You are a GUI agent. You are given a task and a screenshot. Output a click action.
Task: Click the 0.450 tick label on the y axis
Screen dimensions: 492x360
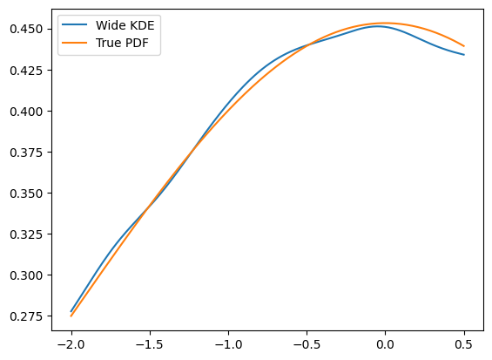(26, 30)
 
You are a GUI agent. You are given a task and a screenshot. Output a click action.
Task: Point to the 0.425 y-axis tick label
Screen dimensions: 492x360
(26, 71)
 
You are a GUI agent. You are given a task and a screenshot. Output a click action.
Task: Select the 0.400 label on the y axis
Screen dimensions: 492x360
(26, 112)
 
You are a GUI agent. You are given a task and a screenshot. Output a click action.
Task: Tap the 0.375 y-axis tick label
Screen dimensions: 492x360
(26, 153)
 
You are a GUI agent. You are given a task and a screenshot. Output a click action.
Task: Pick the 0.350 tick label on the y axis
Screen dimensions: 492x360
(26, 194)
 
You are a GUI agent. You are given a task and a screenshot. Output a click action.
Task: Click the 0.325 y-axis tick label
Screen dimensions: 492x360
(26, 234)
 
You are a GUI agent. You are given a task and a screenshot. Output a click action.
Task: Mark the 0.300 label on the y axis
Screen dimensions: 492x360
(26, 275)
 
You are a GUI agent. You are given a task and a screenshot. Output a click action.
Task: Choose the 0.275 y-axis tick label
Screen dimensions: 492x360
(26, 316)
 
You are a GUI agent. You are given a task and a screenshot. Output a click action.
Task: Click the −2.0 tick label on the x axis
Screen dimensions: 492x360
(71, 344)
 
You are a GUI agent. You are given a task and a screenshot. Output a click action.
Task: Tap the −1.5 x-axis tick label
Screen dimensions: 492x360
(150, 344)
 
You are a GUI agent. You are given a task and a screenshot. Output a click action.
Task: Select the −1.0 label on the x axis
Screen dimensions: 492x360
(228, 344)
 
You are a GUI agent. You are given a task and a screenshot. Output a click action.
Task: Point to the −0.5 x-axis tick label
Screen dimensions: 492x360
(307, 344)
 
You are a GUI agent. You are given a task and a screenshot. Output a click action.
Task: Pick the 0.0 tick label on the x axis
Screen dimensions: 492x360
(385, 344)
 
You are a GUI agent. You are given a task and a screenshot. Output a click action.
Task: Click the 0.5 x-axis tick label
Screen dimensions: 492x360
(464, 344)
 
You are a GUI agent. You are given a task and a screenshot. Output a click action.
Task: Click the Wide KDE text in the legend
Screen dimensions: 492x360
(125, 25)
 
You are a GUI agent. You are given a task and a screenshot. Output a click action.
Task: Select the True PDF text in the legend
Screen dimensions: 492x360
(122, 43)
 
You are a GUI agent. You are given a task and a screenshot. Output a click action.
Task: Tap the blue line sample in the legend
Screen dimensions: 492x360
(74, 24)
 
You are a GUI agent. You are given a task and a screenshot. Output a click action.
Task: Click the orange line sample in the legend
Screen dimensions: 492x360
(74, 43)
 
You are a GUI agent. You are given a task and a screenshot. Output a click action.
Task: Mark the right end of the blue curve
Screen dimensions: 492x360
(464, 55)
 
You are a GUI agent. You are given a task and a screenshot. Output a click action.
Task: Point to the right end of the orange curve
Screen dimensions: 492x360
(464, 46)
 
